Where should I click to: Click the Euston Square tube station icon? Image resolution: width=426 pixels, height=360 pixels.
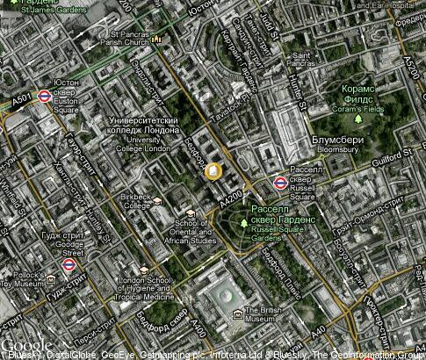coord(44,96)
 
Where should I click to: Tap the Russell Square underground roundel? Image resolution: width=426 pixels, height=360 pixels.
coord(279,183)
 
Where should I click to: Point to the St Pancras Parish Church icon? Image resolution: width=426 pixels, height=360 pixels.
coord(156,40)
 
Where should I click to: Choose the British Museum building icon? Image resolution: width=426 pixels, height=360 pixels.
coord(237,312)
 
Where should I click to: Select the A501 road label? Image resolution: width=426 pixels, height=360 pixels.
coord(22,101)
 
